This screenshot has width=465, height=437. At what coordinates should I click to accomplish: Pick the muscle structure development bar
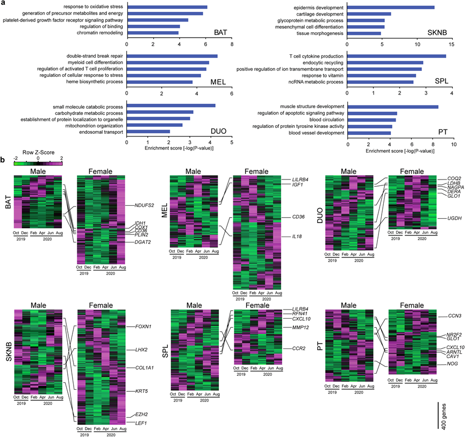(x=393, y=106)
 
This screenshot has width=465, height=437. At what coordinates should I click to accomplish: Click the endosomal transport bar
(x=148, y=132)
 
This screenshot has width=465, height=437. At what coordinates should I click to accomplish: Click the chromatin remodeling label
(x=99, y=33)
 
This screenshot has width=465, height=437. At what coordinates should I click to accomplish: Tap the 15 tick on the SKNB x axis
(x=453, y=45)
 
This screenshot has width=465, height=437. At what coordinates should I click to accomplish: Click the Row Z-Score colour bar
(x=38, y=163)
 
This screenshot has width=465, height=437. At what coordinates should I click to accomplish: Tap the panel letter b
(x=3, y=160)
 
